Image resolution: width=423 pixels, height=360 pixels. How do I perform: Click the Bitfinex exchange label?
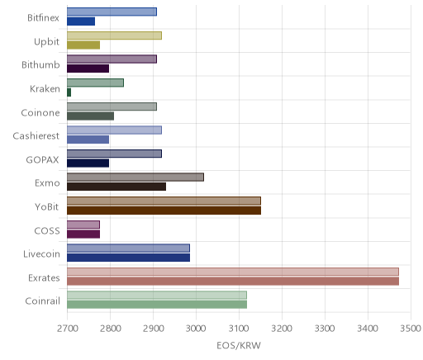[x=43, y=18]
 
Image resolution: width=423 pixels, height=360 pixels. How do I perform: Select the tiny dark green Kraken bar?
[x=69, y=92]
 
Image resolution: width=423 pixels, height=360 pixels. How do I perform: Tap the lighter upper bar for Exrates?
[x=233, y=272]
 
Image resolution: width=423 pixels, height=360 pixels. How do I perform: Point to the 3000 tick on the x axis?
[x=196, y=329]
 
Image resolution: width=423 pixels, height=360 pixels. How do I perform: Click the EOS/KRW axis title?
[x=239, y=345]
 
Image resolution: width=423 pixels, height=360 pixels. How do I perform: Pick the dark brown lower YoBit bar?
[x=164, y=211]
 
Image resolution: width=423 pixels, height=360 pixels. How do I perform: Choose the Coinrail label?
[x=42, y=301]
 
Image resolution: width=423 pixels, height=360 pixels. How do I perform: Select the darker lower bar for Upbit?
[x=83, y=45]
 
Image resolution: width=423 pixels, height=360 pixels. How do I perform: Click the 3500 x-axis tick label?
[x=411, y=329]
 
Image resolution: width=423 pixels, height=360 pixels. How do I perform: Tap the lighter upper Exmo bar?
[x=135, y=178]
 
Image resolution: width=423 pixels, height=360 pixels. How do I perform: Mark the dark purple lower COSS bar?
[x=83, y=234]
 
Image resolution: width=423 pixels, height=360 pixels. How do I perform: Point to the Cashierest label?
[x=36, y=136]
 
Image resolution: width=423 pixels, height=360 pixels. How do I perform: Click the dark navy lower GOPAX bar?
[x=88, y=163]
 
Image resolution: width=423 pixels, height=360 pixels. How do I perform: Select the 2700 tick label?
[x=68, y=329]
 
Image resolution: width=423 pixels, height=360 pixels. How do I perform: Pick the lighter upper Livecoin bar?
[x=128, y=249]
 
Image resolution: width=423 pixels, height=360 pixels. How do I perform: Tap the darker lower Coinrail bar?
[x=157, y=305]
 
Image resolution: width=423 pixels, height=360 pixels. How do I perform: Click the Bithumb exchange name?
[x=40, y=65]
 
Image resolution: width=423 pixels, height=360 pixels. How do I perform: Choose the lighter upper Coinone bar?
[x=112, y=107]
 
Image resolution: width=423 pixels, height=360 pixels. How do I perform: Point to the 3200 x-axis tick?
[x=282, y=329]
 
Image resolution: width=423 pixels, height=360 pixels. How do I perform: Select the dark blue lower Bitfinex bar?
[x=81, y=21]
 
